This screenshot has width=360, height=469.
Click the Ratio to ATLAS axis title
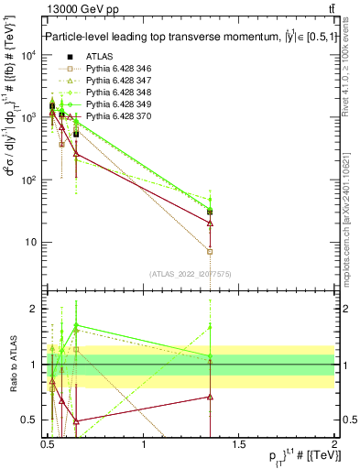pyautogui.click(x=12, y=365)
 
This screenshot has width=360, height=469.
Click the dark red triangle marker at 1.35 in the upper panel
pyautogui.click(x=211, y=223)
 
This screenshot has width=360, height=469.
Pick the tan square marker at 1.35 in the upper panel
pyautogui.click(x=211, y=251)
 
